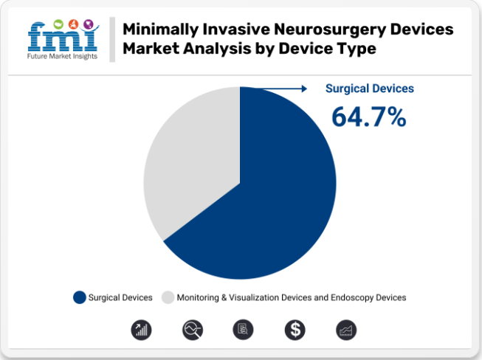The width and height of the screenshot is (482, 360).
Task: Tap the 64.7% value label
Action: pos(368,117)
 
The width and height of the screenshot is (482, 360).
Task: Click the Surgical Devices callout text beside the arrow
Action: pos(370,89)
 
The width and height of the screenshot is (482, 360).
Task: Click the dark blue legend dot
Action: pos(80,297)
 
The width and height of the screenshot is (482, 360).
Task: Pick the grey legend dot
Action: pos(168,297)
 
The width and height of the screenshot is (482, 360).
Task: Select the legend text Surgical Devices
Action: pos(120,297)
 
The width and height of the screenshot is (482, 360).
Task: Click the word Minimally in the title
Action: pos(159,30)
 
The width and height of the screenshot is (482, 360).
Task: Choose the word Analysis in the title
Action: pos(214,49)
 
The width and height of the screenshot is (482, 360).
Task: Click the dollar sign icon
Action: pos(294,330)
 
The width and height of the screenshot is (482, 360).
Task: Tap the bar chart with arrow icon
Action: pos(141,330)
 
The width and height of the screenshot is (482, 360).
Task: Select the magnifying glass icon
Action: pos(192,330)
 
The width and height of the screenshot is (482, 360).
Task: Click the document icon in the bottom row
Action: pos(243,330)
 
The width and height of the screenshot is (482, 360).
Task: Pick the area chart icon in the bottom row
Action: pos(345,330)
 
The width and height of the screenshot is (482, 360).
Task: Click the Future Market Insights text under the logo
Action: pos(63,56)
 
